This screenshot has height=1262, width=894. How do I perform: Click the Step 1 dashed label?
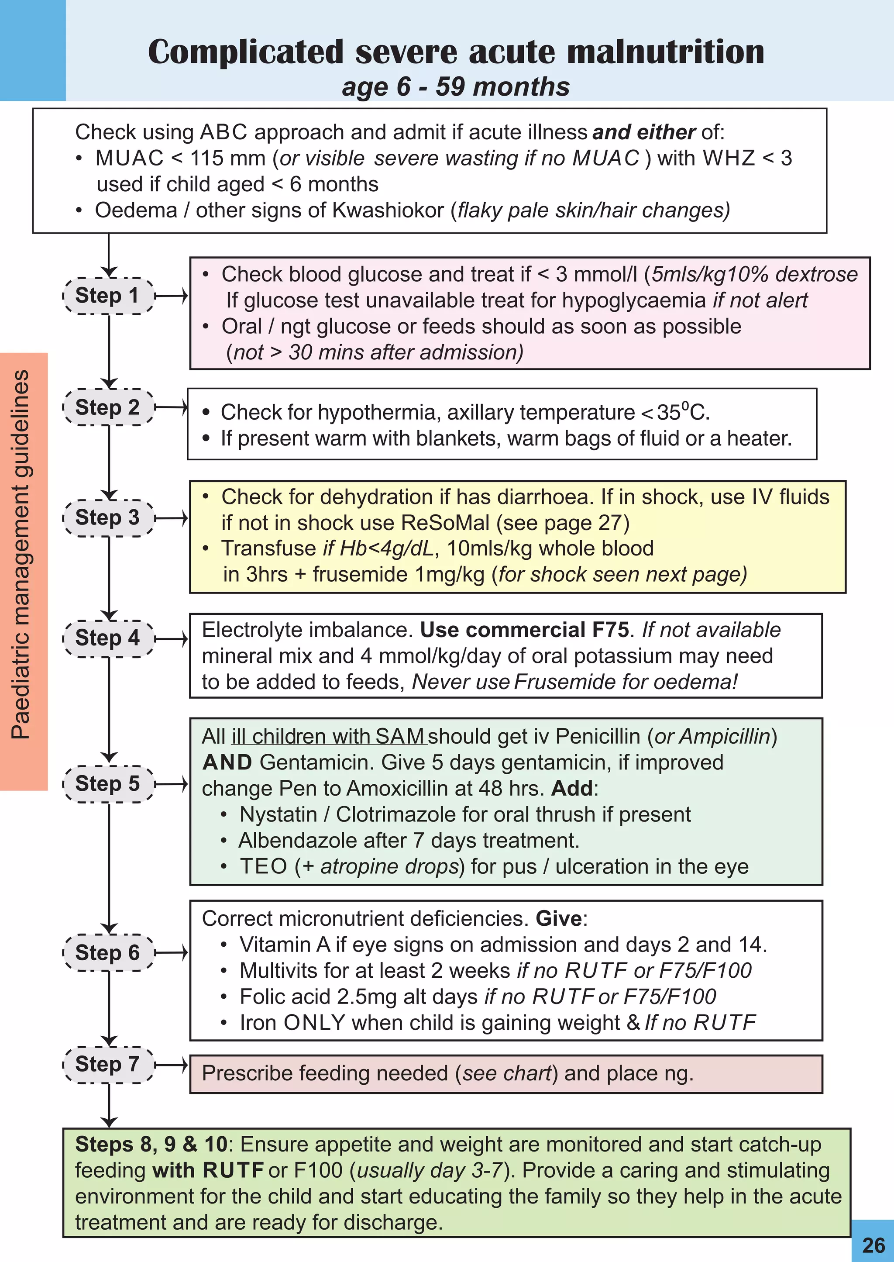pos(108,296)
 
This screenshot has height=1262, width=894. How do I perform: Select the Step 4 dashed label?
pos(108,638)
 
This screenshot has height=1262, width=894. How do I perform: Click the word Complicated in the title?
pos(245,52)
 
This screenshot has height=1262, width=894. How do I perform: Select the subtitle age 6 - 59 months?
pos(455,86)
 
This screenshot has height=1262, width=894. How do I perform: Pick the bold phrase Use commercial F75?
pos(524,630)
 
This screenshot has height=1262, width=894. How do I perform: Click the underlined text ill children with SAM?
pos(328,736)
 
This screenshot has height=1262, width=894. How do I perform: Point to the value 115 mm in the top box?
pos(227,159)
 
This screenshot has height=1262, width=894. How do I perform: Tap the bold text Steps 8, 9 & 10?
pos(151,1144)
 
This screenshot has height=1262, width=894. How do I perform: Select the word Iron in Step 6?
pos(258,1023)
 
